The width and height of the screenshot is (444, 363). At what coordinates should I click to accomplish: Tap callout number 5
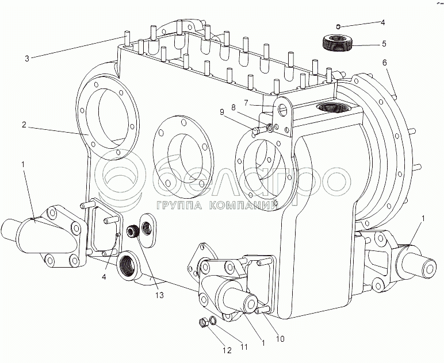coord(383,43)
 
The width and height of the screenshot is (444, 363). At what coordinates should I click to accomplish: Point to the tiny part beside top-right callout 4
coord(339,25)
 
